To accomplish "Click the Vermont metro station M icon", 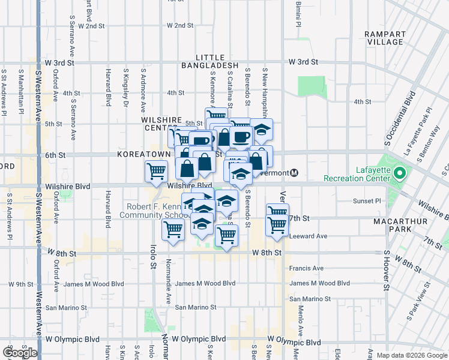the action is click(x=294, y=173).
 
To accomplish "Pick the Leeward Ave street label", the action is click(x=308, y=236).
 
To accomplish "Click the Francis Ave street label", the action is click(x=306, y=268).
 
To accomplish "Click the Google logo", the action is click(x=20, y=352).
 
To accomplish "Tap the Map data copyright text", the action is click(x=412, y=355).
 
